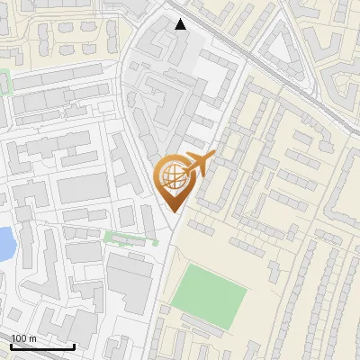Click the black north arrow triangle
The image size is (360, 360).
pos(181,24)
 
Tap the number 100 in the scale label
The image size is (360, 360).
pos(20,338)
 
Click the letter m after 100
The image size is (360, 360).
pos(32,338)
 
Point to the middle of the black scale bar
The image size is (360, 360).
pos(42,346)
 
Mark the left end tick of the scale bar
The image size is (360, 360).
pos(11,346)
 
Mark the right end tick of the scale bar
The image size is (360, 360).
pos(74,346)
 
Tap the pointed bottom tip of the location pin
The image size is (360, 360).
pos(175,212)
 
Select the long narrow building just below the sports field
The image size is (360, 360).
pos(203,325)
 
